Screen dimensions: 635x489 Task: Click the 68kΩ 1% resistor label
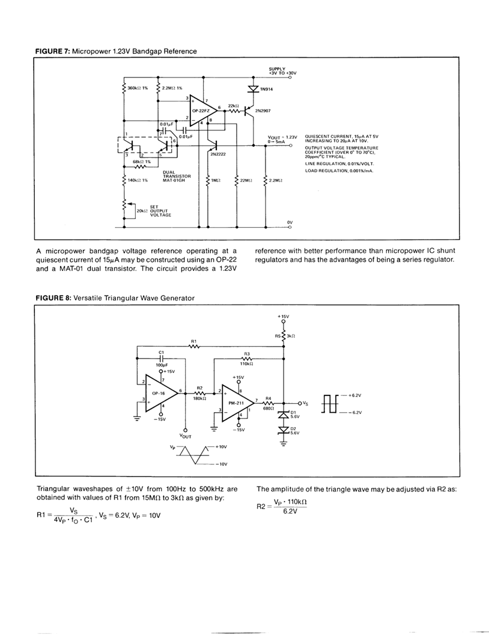click(141, 162)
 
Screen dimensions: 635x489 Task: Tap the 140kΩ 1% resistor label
click(138, 180)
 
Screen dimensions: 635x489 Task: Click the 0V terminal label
click(290, 222)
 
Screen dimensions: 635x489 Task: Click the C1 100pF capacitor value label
click(161, 365)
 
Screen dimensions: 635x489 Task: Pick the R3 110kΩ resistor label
click(248, 359)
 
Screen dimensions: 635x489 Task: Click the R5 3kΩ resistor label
click(286, 335)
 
